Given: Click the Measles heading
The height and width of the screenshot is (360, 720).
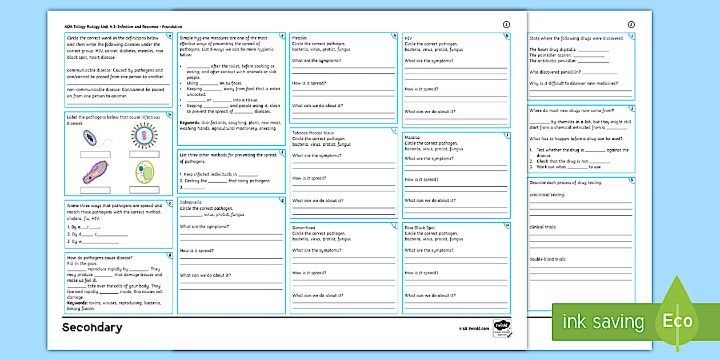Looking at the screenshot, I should (x=299, y=38).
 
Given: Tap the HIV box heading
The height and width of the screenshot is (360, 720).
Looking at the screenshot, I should (x=409, y=38).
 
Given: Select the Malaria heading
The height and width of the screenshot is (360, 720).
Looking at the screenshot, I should (x=413, y=138).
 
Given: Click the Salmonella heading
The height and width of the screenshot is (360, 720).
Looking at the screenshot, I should (x=191, y=202).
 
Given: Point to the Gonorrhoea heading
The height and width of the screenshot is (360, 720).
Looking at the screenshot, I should (x=304, y=227).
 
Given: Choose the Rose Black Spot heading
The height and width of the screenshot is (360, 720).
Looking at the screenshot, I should (x=420, y=227).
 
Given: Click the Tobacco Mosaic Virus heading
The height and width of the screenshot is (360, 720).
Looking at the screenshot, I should (x=313, y=133).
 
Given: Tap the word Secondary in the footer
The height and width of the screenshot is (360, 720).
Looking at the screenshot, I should (x=92, y=327).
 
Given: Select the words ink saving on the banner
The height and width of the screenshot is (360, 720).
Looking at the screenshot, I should (x=603, y=322).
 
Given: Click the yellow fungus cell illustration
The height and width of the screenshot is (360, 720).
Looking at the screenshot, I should (x=144, y=172).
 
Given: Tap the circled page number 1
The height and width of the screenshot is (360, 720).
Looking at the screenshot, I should (x=506, y=25).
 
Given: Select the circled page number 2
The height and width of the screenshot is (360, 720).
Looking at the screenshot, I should (x=631, y=25).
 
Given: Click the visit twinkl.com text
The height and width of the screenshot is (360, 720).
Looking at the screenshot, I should (x=474, y=328).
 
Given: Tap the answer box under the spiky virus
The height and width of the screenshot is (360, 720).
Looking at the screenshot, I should (x=144, y=154).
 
